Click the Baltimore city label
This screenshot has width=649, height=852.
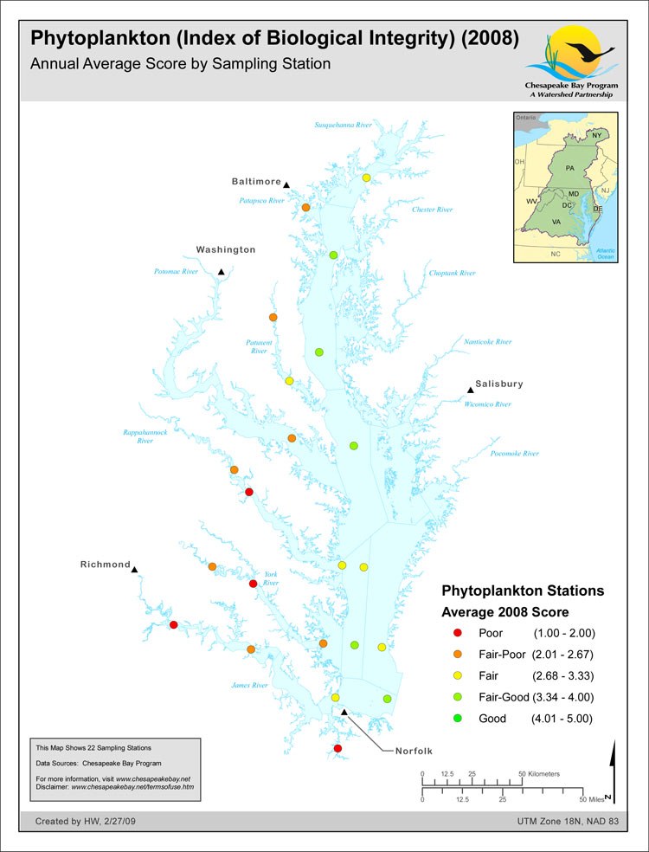coord(256,182)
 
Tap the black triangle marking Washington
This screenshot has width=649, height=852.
coord(222,272)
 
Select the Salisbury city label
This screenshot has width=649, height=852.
coord(499,384)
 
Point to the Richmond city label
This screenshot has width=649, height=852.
coord(105,565)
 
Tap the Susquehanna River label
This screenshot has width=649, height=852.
coord(343,126)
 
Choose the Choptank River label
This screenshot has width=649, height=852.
coord(453,274)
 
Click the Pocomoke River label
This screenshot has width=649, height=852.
coord(514,454)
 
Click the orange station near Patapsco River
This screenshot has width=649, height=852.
coord(305,208)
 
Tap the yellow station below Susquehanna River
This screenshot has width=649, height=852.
coord(366,177)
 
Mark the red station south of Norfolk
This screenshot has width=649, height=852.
coord(337,748)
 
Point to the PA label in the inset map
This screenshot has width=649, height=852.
coord(569,166)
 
